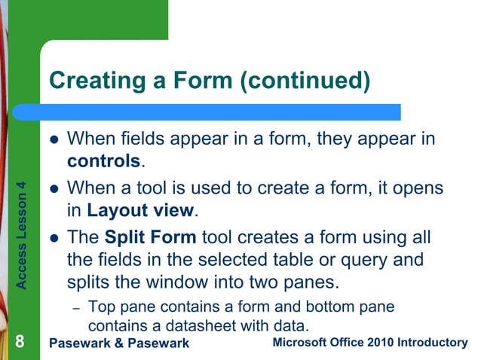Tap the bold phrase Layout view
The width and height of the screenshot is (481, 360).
point(141,210)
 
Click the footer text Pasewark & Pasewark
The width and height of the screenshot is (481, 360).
point(118,343)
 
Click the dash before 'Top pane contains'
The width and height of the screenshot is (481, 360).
point(75,309)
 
